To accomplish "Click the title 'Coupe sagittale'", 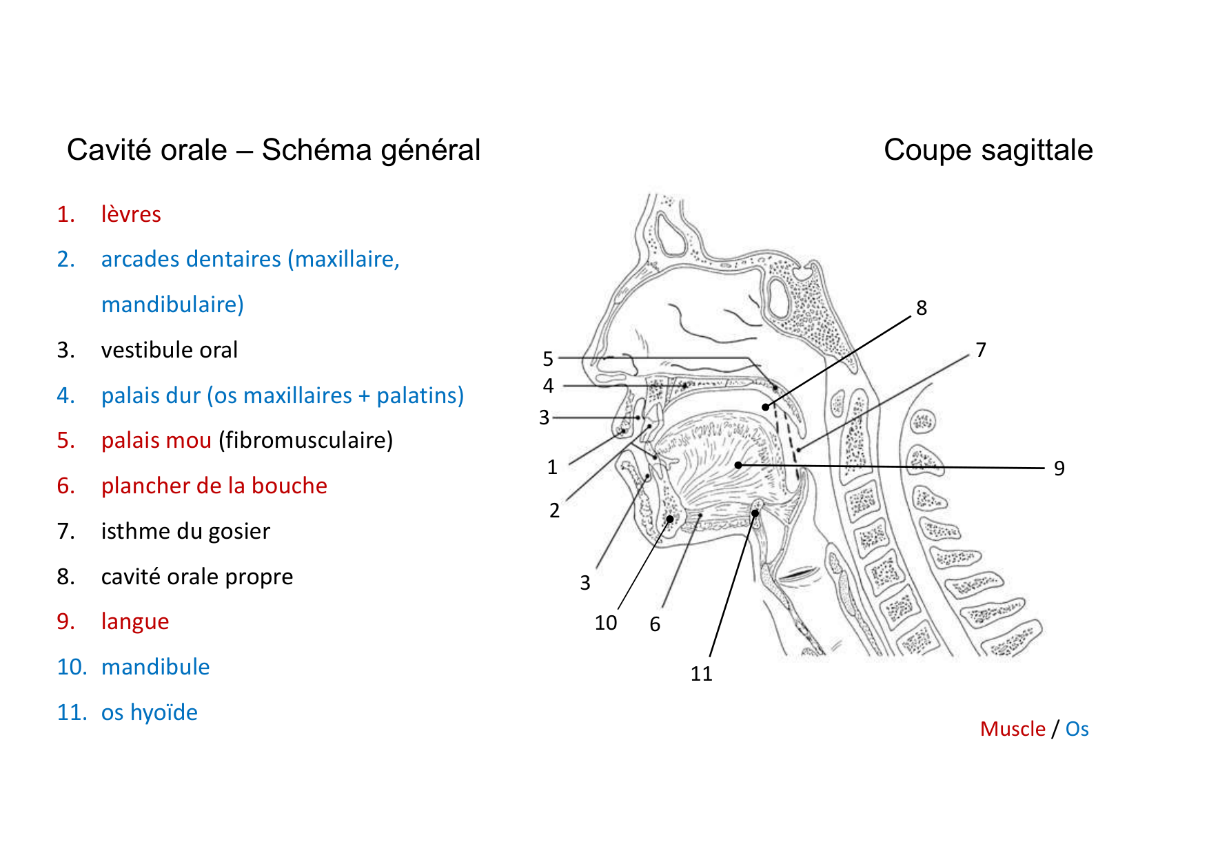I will (x=988, y=150).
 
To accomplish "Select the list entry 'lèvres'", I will (x=131, y=214).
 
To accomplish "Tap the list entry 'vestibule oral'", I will (x=169, y=350).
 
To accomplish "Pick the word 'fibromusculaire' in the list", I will (x=305, y=440).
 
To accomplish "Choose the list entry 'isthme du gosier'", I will (x=185, y=531).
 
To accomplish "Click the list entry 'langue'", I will (x=135, y=621).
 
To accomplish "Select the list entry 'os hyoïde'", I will (x=149, y=712).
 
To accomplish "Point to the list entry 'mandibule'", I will (x=155, y=667).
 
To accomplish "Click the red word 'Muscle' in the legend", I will (x=1012, y=729).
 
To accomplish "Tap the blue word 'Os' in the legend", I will (x=1077, y=729).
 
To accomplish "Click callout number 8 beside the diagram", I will (x=922, y=308).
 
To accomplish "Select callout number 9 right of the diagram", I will (x=1059, y=468).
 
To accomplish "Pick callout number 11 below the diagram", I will (x=701, y=674).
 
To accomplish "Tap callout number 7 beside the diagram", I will (x=981, y=350).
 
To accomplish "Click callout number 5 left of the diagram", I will (x=548, y=359).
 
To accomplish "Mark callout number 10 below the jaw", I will (x=606, y=623).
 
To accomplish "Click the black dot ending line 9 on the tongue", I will (x=738, y=465).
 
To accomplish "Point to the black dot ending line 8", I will (x=765, y=407).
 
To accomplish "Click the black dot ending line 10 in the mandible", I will (x=669, y=519).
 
